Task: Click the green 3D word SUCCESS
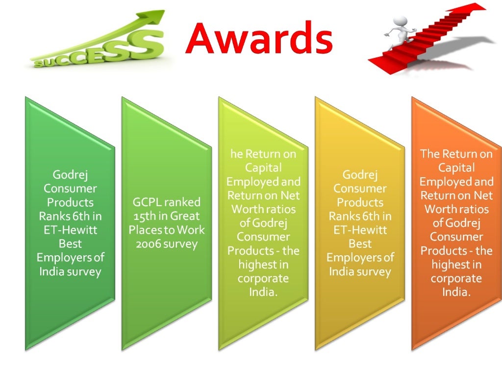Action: pyautogui.click(x=98, y=51)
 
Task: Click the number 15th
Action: pyautogui.click(x=144, y=216)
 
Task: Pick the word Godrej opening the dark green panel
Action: pyautogui.click(x=70, y=175)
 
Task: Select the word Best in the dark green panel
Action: pyautogui.click(x=70, y=243)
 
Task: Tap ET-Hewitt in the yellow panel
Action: pyautogui.click(x=360, y=230)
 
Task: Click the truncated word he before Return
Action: pyautogui.click(x=236, y=154)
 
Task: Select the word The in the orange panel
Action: pyautogui.click(x=430, y=154)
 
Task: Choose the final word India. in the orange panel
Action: pyautogui.click(x=456, y=292)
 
